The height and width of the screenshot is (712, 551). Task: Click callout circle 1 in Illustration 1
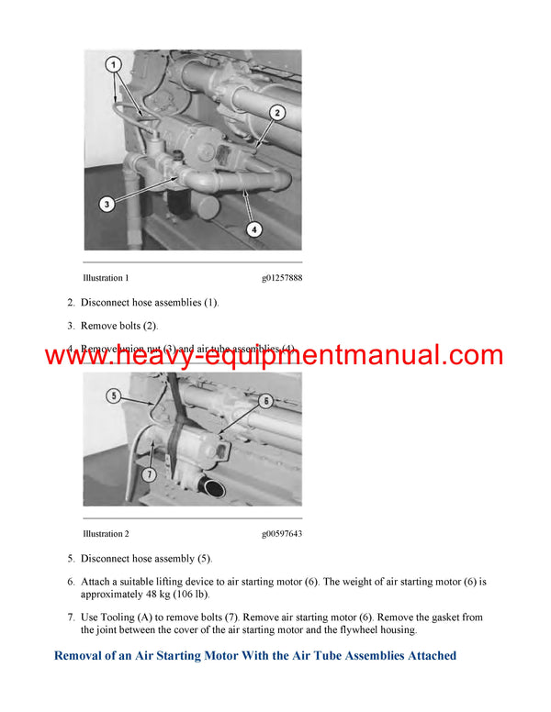click(x=114, y=65)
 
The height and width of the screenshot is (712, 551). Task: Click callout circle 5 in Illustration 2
click(x=114, y=396)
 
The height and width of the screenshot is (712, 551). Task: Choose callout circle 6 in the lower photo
click(x=264, y=400)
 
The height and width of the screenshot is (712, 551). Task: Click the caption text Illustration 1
click(x=106, y=278)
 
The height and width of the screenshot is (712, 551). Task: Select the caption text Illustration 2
click(x=106, y=534)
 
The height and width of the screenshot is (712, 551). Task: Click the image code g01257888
click(x=281, y=278)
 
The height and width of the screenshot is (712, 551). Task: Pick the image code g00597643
click(x=281, y=534)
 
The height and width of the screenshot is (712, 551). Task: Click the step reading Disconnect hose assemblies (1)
click(x=150, y=302)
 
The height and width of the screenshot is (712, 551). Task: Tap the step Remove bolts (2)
click(x=119, y=325)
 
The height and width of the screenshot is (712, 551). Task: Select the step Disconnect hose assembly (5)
click(x=146, y=558)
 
